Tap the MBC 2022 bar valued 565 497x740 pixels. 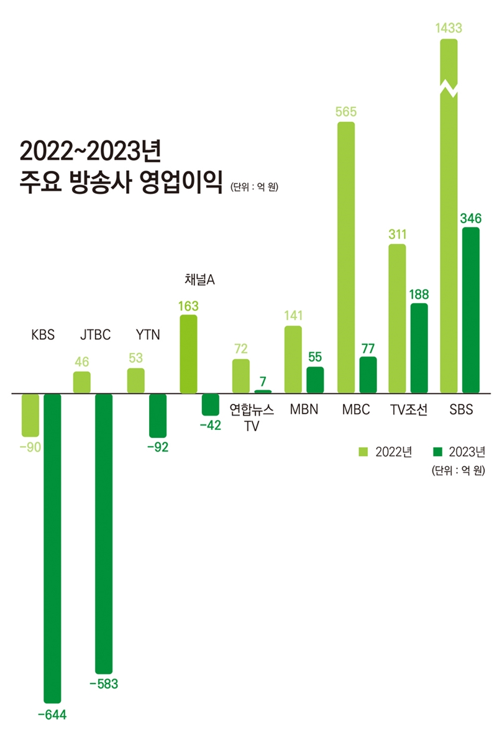[346, 257]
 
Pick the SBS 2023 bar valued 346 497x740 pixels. [471, 310]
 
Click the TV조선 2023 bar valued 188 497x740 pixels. [419, 348]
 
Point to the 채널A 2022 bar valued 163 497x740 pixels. [188, 354]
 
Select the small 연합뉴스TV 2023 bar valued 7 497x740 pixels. [263, 391]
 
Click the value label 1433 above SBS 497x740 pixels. [449, 28]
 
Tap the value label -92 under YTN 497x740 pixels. [158, 447]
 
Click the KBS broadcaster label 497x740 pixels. [43, 335]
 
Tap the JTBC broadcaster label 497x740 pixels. [95, 335]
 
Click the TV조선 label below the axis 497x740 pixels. [409, 410]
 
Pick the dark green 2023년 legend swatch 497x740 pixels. [437, 451]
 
